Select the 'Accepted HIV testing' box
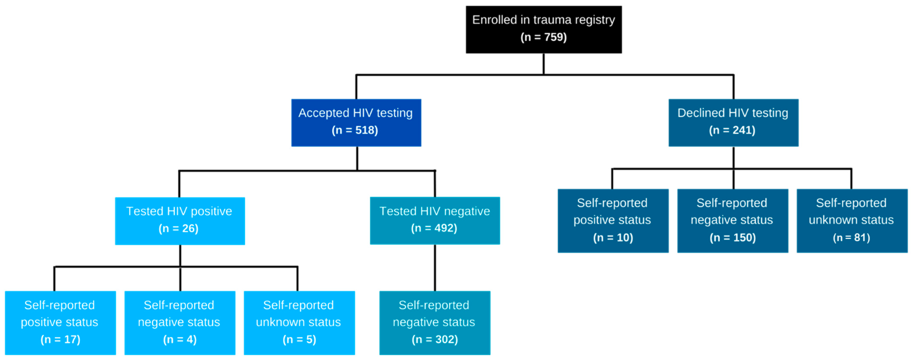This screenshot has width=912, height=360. point(356,122)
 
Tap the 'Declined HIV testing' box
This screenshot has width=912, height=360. point(733,122)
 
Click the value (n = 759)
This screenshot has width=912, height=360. point(543,37)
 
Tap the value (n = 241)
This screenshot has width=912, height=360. point(732,130)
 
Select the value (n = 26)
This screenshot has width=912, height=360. point(179,229)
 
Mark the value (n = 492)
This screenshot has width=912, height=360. point(434,228)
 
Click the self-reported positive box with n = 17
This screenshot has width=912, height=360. point(60,322)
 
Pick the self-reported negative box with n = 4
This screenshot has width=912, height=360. point(180,322)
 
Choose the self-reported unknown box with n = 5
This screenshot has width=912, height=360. point(299,322)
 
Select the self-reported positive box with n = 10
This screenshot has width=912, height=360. point(613,221)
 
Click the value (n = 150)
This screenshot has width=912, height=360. point(732,238)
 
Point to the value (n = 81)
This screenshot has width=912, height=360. point(851,238)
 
